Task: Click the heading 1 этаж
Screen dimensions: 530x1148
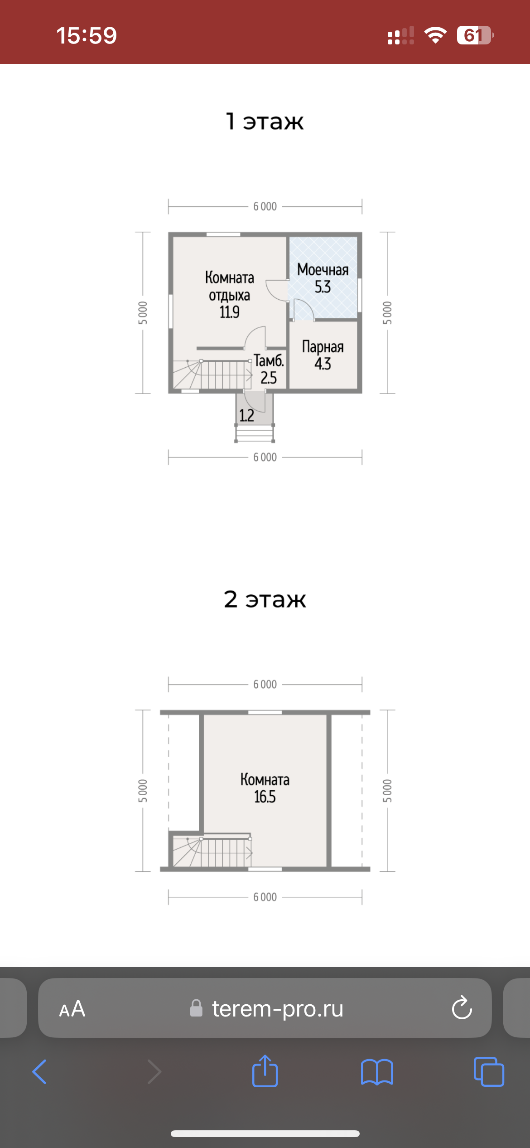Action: click(x=265, y=121)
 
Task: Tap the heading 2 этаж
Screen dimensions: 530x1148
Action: click(x=265, y=599)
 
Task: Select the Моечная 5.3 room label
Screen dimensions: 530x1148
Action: click(x=323, y=278)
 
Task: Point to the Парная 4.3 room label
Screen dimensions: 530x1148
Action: click(x=323, y=355)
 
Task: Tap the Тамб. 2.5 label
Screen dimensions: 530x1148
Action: click(x=269, y=369)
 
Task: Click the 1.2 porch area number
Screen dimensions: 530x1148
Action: click(x=246, y=415)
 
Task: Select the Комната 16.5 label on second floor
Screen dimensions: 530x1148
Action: click(x=265, y=788)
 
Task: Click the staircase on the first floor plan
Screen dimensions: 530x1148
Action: click(x=212, y=375)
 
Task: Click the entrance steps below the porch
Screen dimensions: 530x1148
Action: click(x=255, y=433)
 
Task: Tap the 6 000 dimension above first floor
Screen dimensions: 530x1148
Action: click(x=265, y=206)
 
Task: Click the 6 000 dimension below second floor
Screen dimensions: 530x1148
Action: click(x=265, y=897)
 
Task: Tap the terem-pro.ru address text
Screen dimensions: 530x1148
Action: click(x=277, y=1008)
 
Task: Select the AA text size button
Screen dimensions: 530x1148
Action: click(x=72, y=1009)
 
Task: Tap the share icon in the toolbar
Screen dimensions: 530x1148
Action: click(x=265, y=1071)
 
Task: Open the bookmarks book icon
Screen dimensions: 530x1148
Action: click(x=377, y=1072)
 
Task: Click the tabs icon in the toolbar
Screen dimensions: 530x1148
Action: click(x=489, y=1072)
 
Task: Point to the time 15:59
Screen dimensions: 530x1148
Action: click(x=87, y=35)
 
